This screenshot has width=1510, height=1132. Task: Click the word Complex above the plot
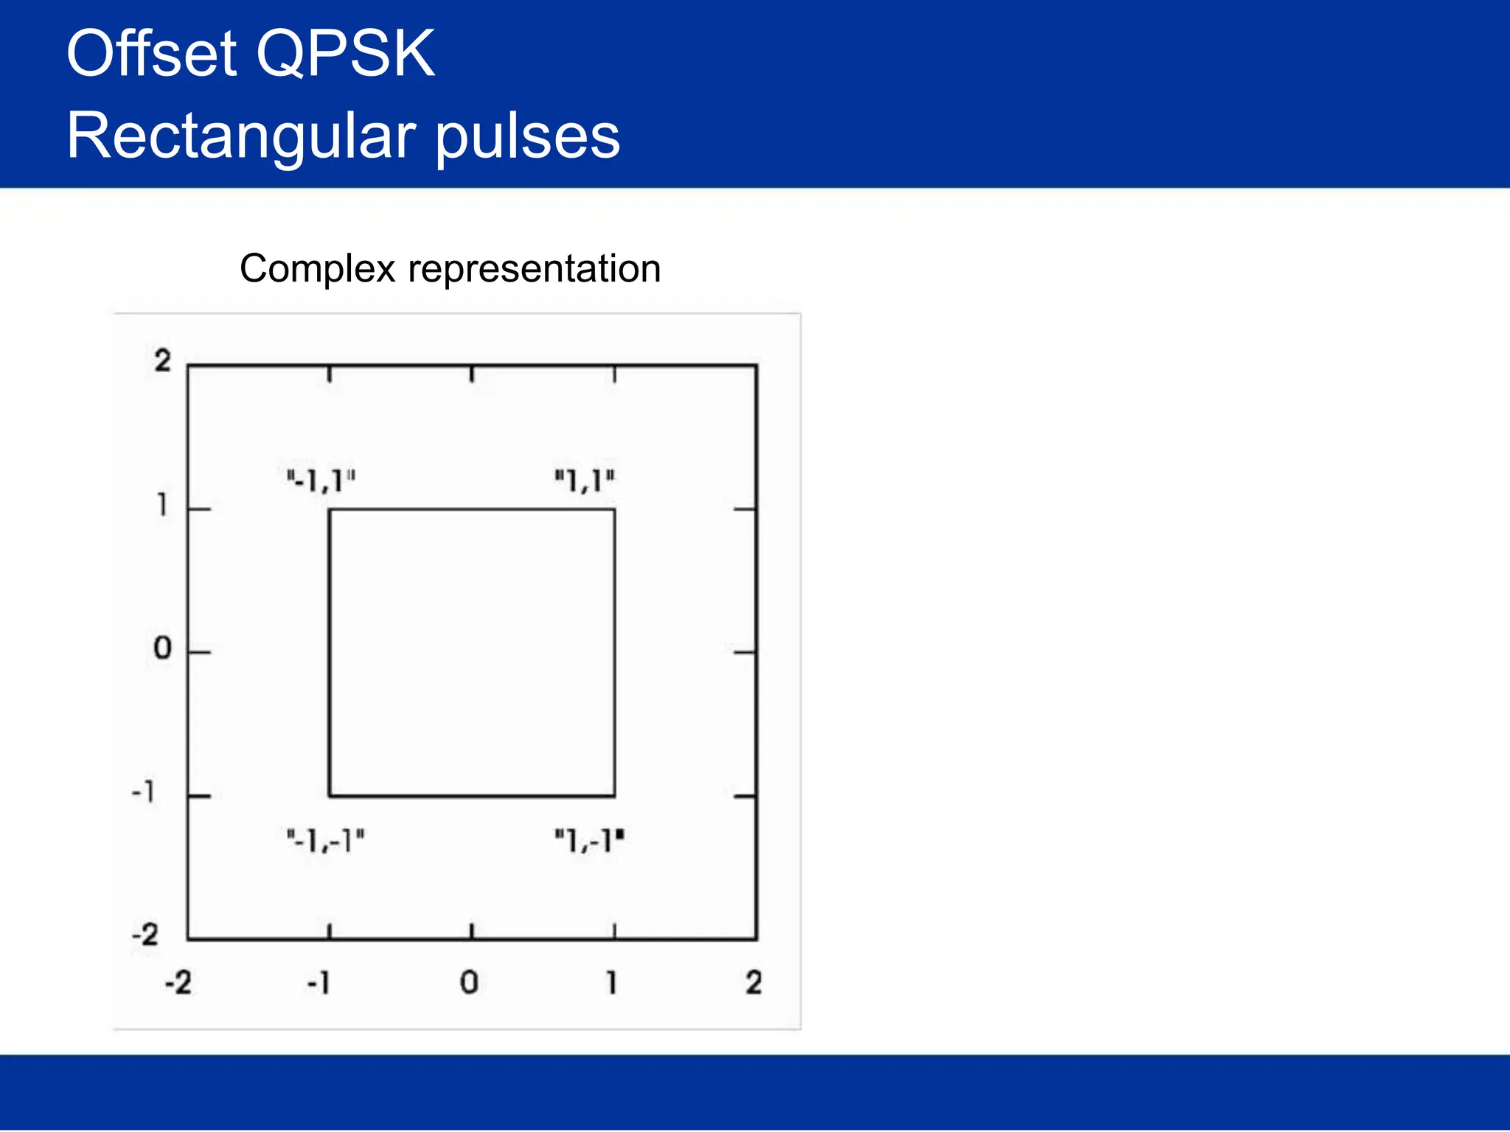click(318, 268)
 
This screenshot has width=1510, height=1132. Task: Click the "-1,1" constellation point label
click(321, 481)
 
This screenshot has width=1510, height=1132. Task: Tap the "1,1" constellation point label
click(585, 481)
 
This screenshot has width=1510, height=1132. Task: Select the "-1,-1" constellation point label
click(326, 840)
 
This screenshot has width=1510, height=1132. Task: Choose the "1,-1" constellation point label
click(589, 840)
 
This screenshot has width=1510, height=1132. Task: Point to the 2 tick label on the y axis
click(162, 361)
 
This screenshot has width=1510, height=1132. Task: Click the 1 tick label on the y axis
click(162, 505)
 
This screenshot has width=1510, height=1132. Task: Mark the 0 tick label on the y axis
click(162, 649)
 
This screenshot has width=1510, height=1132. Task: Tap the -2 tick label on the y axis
click(145, 935)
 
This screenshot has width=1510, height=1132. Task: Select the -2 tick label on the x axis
click(178, 982)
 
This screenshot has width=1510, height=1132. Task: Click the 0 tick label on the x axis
click(469, 982)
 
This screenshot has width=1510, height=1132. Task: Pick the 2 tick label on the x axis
click(753, 982)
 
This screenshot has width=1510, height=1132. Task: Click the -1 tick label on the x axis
click(319, 982)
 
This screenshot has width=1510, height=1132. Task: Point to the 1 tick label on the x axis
click(611, 982)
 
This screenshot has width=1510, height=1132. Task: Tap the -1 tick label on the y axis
click(144, 793)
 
